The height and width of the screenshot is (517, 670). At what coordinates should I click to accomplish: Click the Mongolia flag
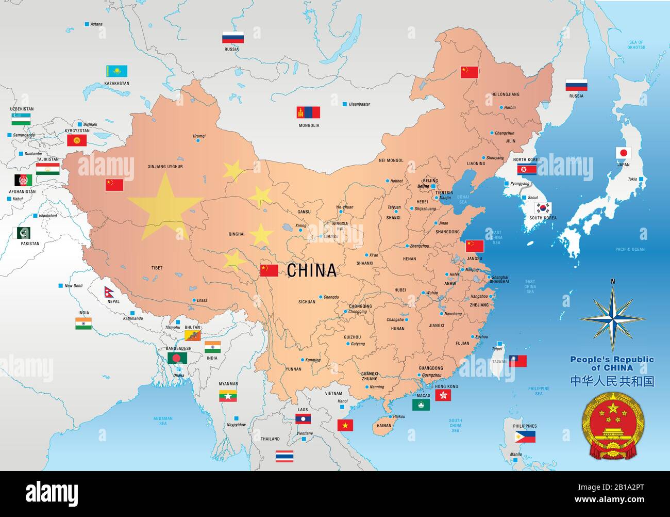(308, 112)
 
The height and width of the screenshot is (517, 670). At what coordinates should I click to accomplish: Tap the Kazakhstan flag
(116, 71)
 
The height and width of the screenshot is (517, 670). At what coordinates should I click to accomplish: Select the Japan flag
(624, 153)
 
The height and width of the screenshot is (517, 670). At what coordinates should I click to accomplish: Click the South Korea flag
(543, 208)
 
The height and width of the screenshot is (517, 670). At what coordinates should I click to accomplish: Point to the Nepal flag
(110, 292)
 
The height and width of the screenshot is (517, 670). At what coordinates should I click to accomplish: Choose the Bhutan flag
(192, 335)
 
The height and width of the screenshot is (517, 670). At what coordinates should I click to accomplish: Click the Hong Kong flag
(443, 395)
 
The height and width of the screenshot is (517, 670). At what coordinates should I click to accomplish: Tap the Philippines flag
(525, 437)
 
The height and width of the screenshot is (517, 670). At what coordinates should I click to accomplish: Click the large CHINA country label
(311, 270)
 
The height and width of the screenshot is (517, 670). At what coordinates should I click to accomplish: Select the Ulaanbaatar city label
(359, 104)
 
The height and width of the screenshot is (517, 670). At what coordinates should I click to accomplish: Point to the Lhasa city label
(202, 300)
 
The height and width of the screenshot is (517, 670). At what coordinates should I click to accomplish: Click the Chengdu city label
(331, 297)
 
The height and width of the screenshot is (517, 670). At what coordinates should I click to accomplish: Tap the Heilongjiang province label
(505, 94)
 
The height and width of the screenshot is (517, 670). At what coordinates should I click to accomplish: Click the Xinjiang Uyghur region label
(165, 167)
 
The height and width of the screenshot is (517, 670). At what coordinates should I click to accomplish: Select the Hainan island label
(384, 426)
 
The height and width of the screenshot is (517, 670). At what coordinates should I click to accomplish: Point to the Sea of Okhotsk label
(636, 45)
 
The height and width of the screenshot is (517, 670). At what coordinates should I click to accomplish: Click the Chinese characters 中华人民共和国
(612, 381)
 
